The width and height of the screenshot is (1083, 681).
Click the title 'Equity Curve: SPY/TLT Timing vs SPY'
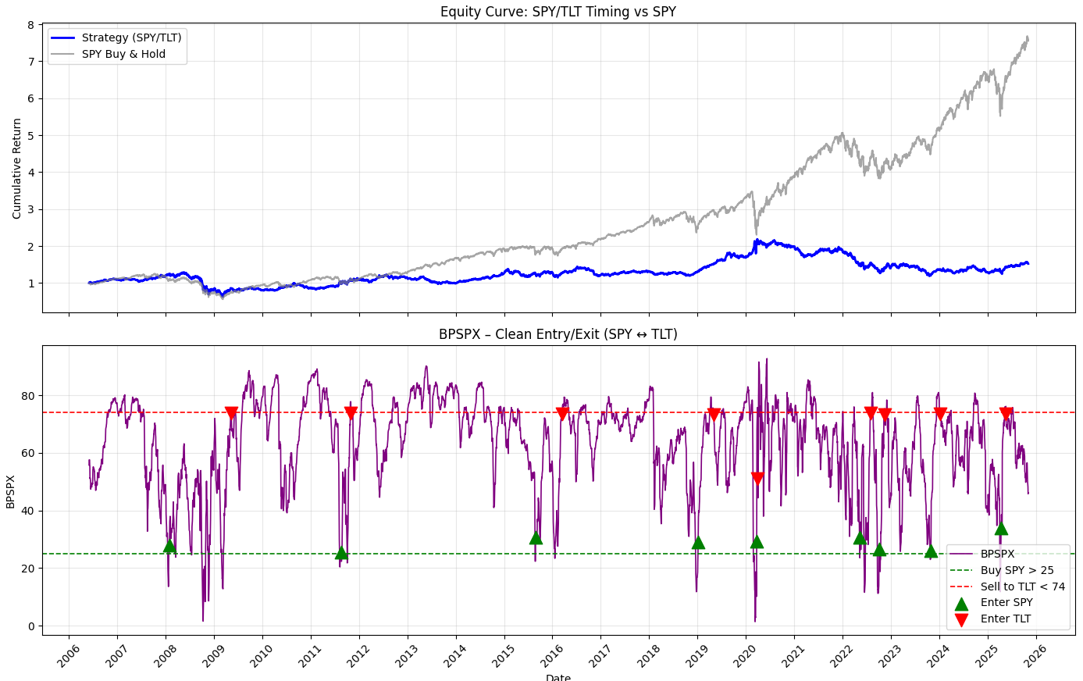[558, 12]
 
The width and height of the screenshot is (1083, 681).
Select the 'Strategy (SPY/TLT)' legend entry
[131, 37]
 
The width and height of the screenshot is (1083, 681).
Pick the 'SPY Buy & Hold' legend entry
[123, 55]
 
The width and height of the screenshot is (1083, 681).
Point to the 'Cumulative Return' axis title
[17, 168]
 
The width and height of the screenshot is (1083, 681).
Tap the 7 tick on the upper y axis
[30, 62]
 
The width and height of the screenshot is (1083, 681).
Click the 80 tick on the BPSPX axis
[28, 396]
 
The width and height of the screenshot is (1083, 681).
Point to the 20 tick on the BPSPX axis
[28, 569]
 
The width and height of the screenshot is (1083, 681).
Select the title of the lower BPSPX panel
[558, 334]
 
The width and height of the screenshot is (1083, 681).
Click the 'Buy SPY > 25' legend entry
[1017, 570]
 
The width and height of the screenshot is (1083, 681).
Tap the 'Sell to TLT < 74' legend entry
[1022, 587]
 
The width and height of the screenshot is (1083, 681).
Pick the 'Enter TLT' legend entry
[1006, 619]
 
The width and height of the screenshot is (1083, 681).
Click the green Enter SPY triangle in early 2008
[169, 546]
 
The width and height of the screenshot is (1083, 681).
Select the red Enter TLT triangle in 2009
[231, 413]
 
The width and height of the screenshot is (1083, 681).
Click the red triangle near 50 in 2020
[757, 478]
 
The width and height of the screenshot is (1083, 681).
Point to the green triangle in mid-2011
[341, 553]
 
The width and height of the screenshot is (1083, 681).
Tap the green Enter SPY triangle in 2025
[1001, 529]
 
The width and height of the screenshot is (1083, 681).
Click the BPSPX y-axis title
[11, 490]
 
